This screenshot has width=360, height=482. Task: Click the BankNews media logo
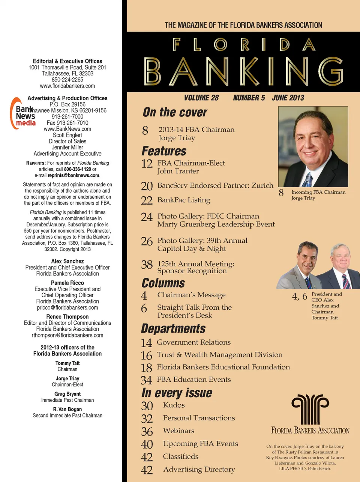[x=23, y=114]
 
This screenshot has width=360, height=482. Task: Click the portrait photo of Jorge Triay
[x=313, y=146]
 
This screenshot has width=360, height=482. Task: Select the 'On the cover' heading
[x=175, y=112]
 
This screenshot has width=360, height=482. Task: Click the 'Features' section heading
[x=164, y=151]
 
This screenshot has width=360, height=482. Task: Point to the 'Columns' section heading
[x=163, y=283]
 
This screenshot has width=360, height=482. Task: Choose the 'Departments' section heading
[x=173, y=329]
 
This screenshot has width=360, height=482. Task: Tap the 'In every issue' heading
[x=177, y=393]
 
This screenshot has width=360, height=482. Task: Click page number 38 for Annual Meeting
[x=147, y=265]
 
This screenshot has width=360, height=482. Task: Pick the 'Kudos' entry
[x=174, y=405]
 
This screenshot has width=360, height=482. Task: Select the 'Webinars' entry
[x=178, y=431]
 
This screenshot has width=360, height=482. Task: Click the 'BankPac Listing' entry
[x=184, y=200]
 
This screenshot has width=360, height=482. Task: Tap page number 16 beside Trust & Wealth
[x=146, y=355]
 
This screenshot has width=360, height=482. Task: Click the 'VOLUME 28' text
[x=201, y=98]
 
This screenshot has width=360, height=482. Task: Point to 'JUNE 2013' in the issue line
[x=288, y=98]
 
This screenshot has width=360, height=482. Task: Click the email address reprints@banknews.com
[x=73, y=175]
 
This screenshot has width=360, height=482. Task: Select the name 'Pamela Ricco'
[x=67, y=283]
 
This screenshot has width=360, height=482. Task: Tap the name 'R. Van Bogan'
[x=67, y=409]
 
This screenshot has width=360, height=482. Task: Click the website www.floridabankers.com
[x=67, y=86]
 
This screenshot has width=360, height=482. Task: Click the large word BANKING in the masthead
[x=243, y=71]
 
